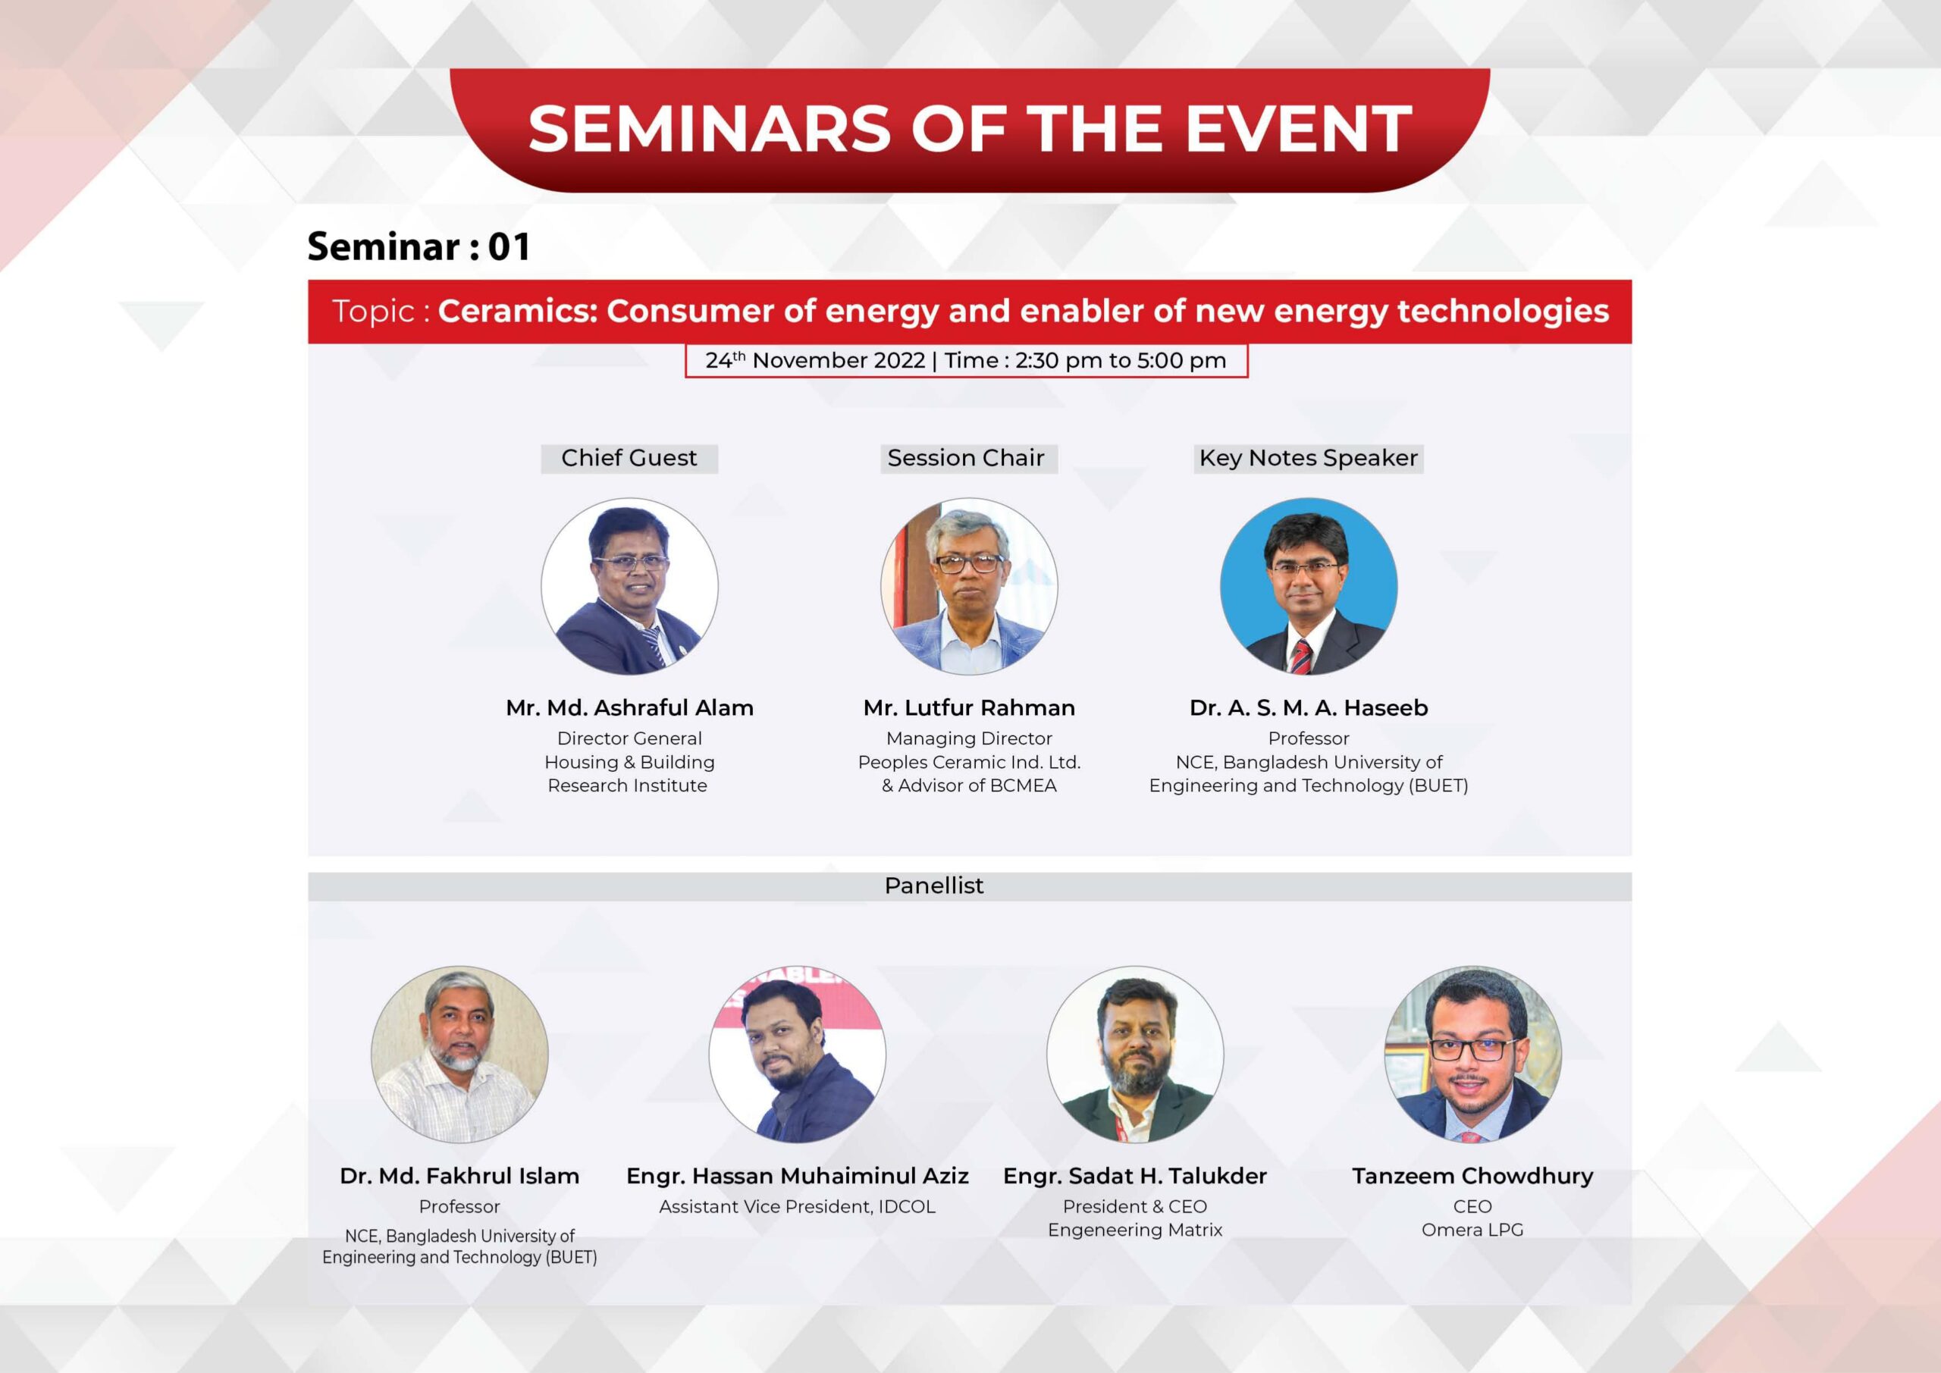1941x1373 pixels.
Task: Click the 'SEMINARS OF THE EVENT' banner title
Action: click(x=970, y=129)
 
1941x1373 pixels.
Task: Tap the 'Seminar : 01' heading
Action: click(x=419, y=247)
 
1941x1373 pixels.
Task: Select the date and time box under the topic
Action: click(x=966, y=361)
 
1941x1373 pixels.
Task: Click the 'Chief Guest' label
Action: click(x=629, y=458)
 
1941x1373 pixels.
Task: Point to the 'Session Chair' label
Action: click(x=968, y=458)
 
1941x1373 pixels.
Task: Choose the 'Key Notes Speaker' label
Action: click(x=1308, y=458)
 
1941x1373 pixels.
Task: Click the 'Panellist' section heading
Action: click(x=934, y=886)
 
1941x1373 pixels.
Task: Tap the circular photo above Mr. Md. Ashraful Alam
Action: click(x=630, y=587)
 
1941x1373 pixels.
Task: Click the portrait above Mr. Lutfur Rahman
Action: click(x=969, y=587)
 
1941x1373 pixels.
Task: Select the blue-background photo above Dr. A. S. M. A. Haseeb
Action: click(x=1309, y=587)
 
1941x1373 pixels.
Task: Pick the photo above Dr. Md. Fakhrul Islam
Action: click(x=460, y=1055)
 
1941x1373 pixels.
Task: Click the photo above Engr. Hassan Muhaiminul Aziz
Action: click(x=797, y=1055)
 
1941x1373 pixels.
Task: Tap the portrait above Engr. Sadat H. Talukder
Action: click(x=1135, y=1055)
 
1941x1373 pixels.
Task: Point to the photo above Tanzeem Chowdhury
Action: click(x=1472, y=1055)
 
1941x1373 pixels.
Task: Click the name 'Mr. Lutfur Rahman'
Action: click(x=969, y=707)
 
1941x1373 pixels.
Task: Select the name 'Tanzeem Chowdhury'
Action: click(x=1472, y=1176)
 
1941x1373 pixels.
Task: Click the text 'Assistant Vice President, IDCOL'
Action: click(x=797, y=1207)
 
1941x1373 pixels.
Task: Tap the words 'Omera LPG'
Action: click(x=1472, y=1230)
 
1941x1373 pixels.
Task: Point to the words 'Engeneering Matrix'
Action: click(x=1135, y=1231)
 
